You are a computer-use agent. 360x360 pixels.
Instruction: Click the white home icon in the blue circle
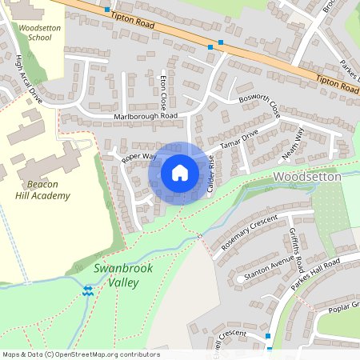tap(180, 173)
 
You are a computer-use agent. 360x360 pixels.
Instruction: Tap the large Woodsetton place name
tap(307, 175)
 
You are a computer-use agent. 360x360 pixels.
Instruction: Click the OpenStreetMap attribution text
tap(80, 354)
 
